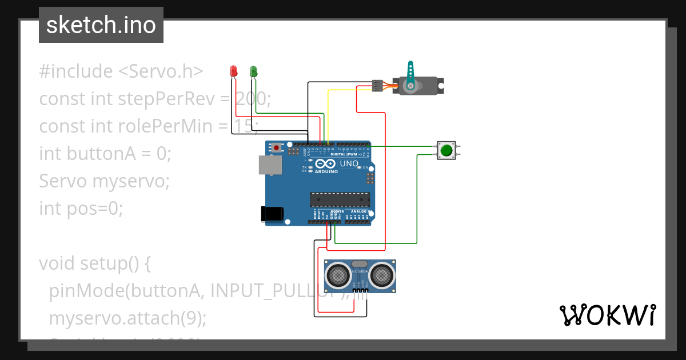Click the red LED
(x=233, y=71)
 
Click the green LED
(x=253, y=71)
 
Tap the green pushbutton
(x=446, y=150)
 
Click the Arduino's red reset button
(x=277, y=147)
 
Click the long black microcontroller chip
(x=340, y=199)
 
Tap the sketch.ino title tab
(x=101, y=25)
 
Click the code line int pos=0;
(x=81, y=209)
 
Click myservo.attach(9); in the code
(x=127, y=318)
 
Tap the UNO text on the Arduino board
(x=349, y=164)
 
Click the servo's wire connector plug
(x=377, y=85)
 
